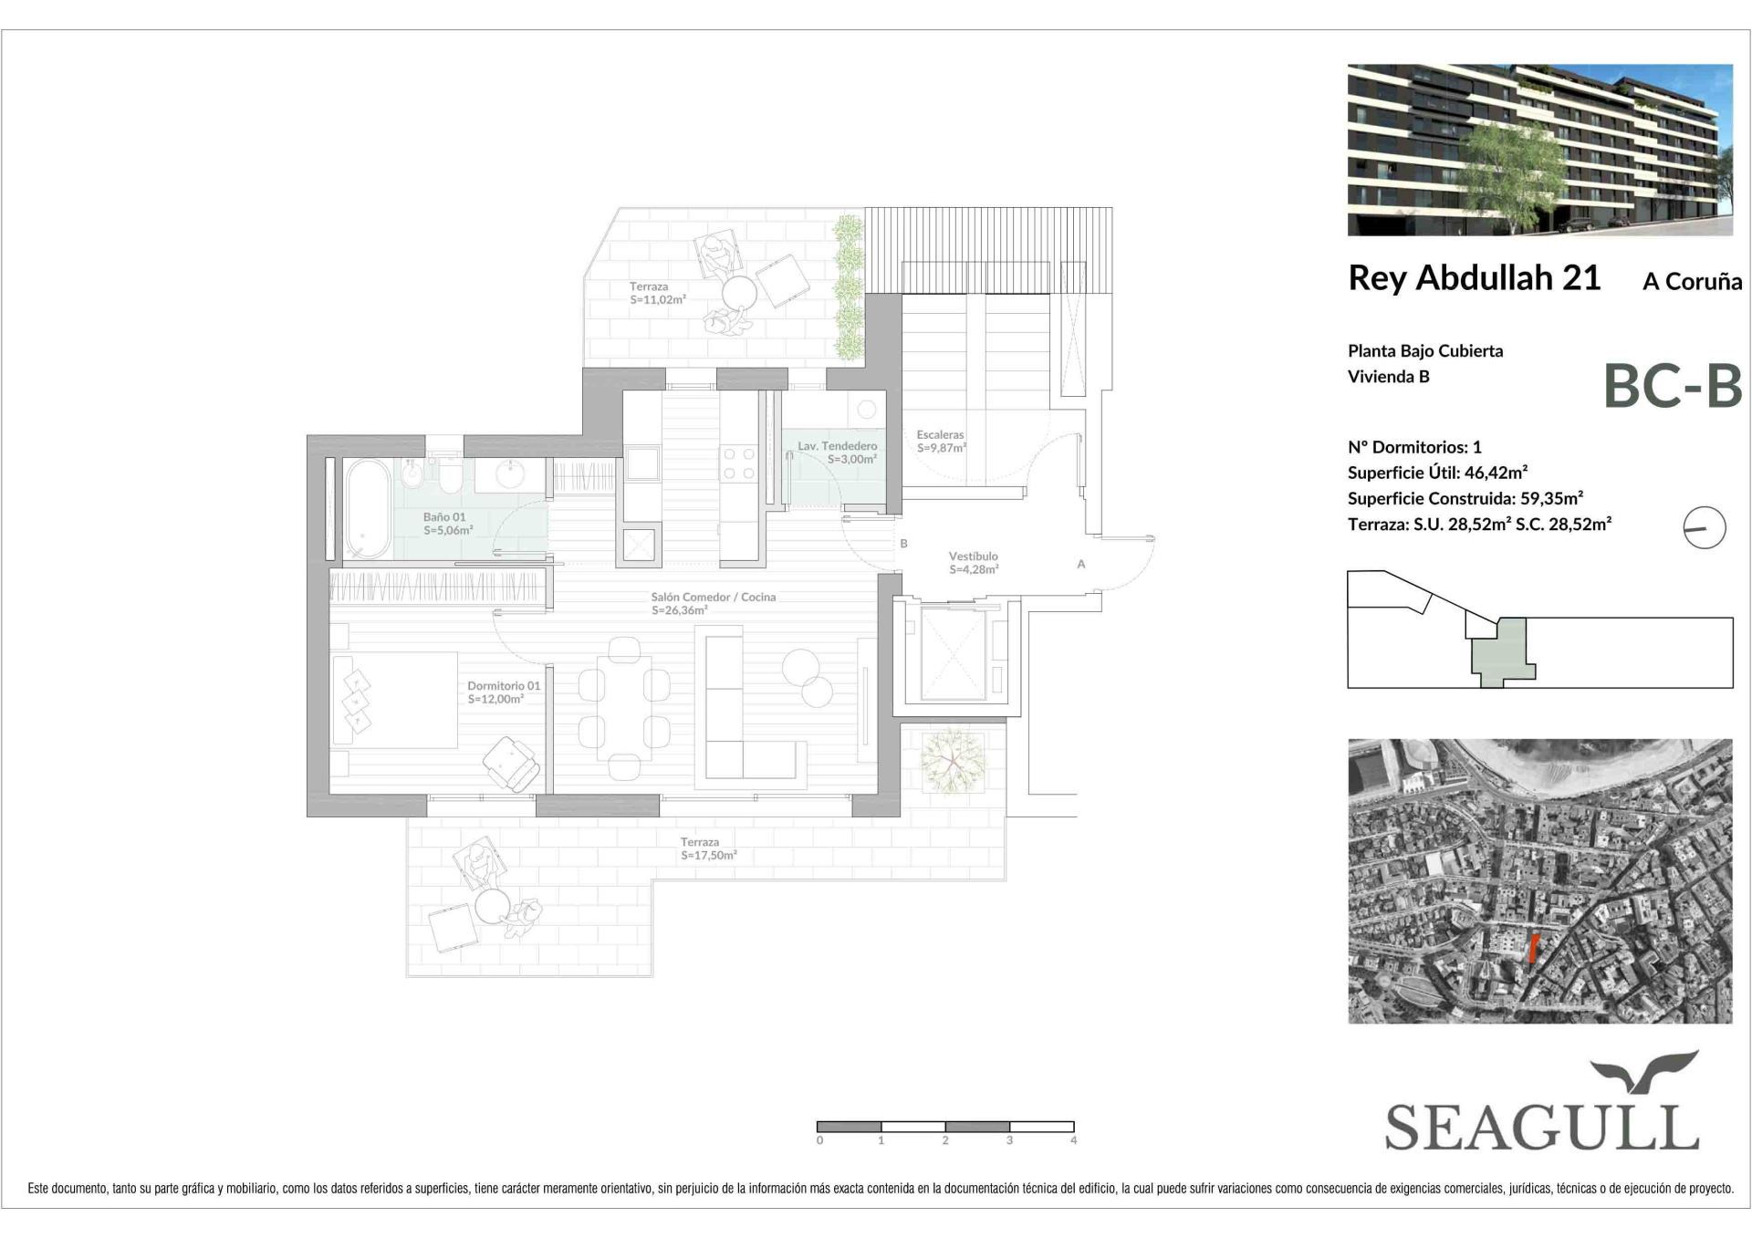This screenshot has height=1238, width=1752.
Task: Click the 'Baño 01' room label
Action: (444, 517)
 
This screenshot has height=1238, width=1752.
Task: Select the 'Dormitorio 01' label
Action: (504, 686)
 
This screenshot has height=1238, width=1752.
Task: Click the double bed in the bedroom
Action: (394, 700)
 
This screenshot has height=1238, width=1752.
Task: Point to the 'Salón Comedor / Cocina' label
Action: (714, 598)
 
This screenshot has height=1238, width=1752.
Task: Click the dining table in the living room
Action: (624, 709)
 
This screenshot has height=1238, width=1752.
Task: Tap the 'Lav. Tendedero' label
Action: (837, 446)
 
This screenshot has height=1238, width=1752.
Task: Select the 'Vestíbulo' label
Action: (973, 556)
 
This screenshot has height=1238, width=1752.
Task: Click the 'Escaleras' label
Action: (940, 435)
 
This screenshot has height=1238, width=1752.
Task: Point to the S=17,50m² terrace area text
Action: (708, 856)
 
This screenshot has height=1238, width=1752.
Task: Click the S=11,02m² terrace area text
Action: (657, 299)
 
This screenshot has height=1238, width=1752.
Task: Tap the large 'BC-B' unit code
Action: (1673, 386)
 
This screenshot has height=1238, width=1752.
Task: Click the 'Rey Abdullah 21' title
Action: (1474, 278)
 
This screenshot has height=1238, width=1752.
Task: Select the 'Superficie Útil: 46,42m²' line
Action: (1437, 473)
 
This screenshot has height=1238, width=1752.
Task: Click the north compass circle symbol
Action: (1705, 527)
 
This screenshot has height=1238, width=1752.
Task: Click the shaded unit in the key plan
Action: (1500, 651)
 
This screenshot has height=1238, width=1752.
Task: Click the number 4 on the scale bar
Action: (1073, 1140)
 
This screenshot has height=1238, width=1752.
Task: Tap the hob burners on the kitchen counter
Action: (738, 463)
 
